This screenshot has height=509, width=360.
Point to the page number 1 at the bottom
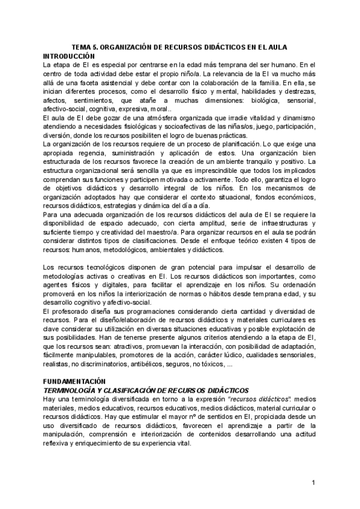pyautogui.click(x=313, y=483)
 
